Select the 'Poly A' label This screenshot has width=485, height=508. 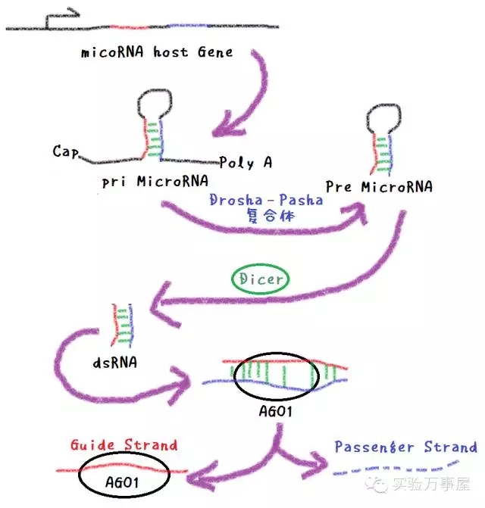pyautogui.click(x=246, y=163)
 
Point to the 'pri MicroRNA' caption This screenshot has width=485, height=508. pyautogui.click(x=155, y=183)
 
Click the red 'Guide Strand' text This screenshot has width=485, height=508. pyautogui.click(x=123, y=444)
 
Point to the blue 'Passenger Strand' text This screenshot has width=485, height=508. pyautogui.click(x=405, y=447)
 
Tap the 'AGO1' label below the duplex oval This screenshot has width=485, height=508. pyautogui.click(x=274, y=412)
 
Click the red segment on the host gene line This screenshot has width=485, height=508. pyautogui.click(x=127, y=28)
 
